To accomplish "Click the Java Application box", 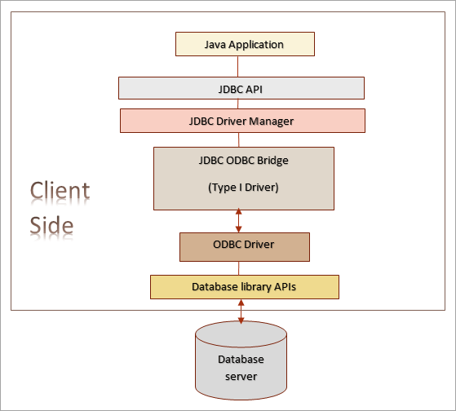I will (x=244, y=44).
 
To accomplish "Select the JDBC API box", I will (x=241, y=88).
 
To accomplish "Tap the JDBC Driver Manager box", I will (x=242, y=121).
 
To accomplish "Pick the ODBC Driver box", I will (x=244, y=246).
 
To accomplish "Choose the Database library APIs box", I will (x=244, y=287).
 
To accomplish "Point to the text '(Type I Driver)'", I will (x=245, y=188).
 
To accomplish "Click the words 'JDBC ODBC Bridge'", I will (x=245, y=161).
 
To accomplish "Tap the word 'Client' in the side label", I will (x=60, y=192).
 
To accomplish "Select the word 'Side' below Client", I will (x=51, y=224).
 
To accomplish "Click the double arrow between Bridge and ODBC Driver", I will (x=239, y=219).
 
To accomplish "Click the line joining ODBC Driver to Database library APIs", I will (x=239, y=268).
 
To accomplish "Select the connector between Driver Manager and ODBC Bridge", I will (x=239, y=139).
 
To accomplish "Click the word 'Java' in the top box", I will (x=216, y=44).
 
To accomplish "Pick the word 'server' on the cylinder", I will (x=241, y=376).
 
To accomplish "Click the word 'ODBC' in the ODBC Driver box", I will (x=228, y=245).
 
